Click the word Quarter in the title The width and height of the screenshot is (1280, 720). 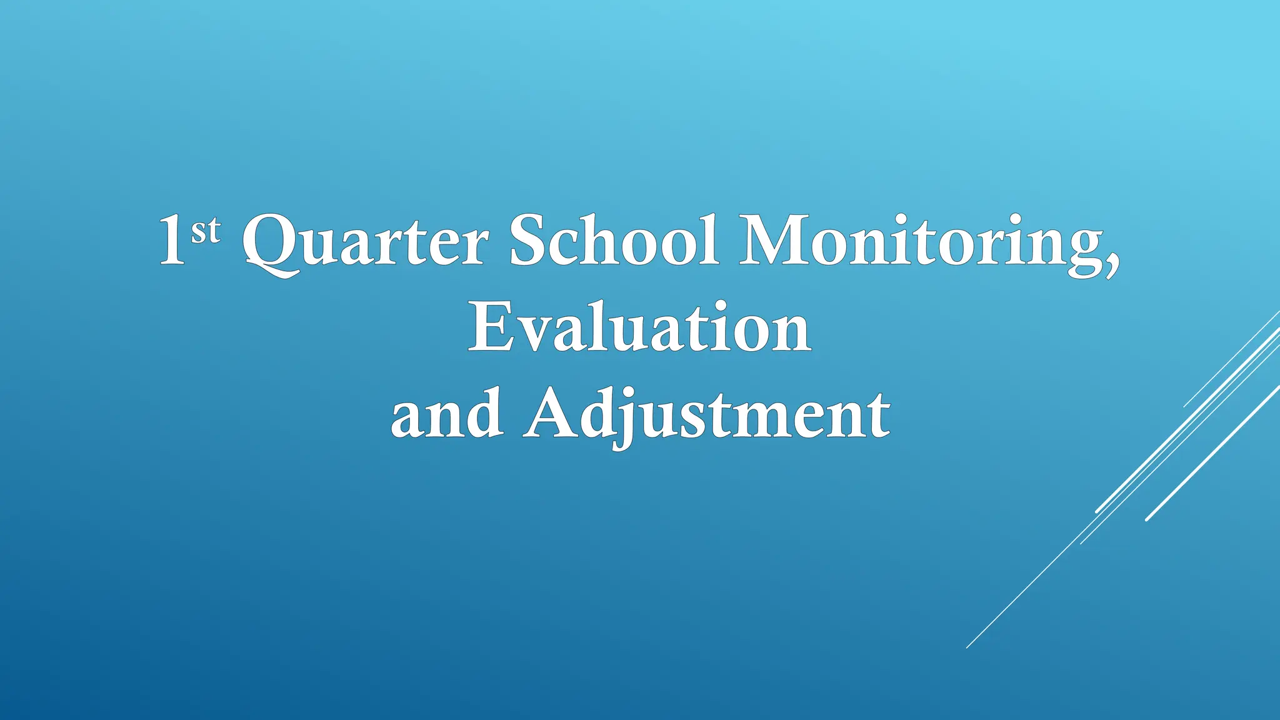pos(364,242)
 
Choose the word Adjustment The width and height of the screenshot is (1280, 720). pos(707,414)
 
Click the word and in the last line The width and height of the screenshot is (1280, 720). pos(447,414)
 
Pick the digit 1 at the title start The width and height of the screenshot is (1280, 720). pos(172,241)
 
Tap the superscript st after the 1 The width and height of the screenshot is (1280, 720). pos(206,230)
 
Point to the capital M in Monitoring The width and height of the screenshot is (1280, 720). pos(771,241)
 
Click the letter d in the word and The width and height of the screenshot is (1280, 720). pos(486,412)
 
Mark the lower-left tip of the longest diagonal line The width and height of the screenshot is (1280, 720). pos(967,647)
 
